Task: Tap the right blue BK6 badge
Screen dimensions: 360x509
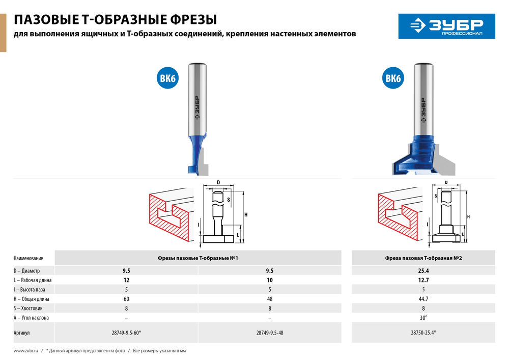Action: pyautogui.click(x=393, y=79)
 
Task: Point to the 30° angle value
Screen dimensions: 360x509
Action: pyautogui.click(x=423, y=317)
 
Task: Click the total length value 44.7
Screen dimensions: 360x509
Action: pyautogui.click(x=423, y=299)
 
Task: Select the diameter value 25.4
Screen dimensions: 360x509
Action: pyautogui.click(x=423, y=271)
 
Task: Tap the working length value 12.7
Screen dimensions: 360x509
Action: pyautogui.click(x=423, y=280)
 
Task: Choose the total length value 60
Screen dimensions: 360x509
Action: pyautogui.click(x=126, y=299)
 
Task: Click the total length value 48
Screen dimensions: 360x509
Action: pyautogui.click(x=270, y=299)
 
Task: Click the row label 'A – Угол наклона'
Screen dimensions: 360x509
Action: pyautogui.click(x=32, y=317)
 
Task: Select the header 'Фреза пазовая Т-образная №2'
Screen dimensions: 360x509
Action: pyautogui.click(x=423, y=258)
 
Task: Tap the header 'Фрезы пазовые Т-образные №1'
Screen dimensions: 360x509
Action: pyautogui.click(x=198, y=258)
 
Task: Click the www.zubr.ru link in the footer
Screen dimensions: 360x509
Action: pyautogui.click(x=26, y=351)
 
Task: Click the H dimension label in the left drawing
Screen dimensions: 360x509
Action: pyautogui.click(x=246, y=215)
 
